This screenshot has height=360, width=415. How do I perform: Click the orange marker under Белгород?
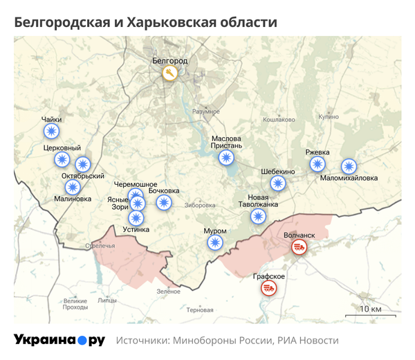tap(169, 73)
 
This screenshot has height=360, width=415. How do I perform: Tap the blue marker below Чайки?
tap(51, 132)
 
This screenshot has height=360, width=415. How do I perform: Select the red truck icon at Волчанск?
tap(299, 247)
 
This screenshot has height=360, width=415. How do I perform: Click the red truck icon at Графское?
tap(269, 287)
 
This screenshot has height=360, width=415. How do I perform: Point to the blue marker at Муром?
tap(215, 242)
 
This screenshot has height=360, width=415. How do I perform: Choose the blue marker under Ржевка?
tap(317, 164)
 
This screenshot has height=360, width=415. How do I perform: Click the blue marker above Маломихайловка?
tap(349, 166)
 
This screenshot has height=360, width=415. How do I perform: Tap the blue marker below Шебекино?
tap(278, 183)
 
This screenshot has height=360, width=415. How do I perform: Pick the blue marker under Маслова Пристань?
tap(225, 158)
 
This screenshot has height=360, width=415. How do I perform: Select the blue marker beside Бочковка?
tap(164, 202)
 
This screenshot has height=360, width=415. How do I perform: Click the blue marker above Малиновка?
tap(73, 187)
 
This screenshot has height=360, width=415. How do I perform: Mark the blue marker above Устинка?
tap(137, 216)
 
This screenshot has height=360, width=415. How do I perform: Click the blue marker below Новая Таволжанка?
tap(258, 217)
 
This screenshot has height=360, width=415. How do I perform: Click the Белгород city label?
tap(169, 61)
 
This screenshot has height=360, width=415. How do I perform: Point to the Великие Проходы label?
tap(75, 304)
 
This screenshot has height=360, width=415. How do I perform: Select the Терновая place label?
tap(200, 310)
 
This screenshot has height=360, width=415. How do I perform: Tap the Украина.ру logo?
tap(59, 340)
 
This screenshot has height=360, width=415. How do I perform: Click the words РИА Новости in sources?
tap(308, 341)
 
